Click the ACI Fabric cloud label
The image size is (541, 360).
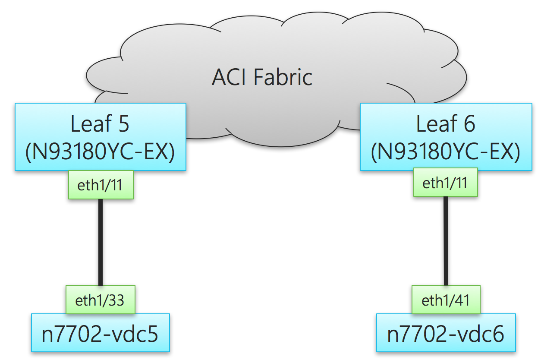coord(262,78)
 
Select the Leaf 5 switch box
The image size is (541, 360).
coord(101,137)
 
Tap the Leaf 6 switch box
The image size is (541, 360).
coord(446,137)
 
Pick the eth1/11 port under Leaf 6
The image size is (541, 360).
coord(445,183)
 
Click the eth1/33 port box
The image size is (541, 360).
coord(100,300)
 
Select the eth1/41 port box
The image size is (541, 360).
coord(446,300)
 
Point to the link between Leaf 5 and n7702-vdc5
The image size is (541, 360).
coord(101,242)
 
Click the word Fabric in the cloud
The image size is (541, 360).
coord(283,78)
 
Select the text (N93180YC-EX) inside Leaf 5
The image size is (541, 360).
coord(101,152)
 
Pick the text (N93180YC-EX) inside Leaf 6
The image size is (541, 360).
coord(446,152)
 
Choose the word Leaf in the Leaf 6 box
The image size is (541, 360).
coord(435,124)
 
